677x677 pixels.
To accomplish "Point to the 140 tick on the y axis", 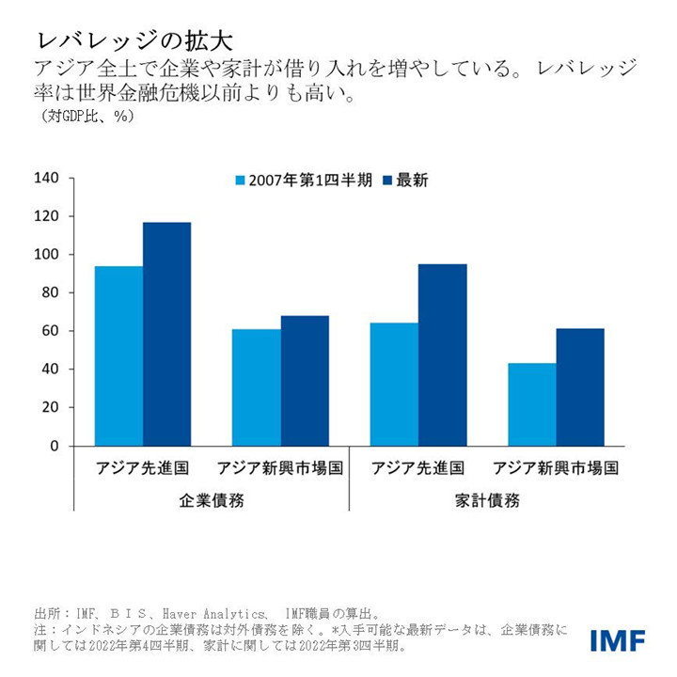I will [46, 179].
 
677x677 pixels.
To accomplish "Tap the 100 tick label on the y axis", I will [46, 255].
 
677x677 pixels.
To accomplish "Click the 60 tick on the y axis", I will [50, 331].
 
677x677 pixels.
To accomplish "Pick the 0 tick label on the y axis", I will [54, 446].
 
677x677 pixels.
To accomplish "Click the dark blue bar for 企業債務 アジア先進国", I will [166, 334].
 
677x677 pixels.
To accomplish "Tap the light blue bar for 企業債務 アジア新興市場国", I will [256, 387].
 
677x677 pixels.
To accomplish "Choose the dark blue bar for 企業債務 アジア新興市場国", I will [304, 381].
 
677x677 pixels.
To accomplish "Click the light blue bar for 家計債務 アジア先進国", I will [394, 384].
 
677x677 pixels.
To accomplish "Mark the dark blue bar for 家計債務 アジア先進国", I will [442, 354].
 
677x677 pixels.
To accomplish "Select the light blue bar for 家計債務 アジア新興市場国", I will [531, 404].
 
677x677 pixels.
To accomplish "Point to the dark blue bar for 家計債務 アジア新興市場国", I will [579, 386].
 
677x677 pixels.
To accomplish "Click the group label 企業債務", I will [212, 500].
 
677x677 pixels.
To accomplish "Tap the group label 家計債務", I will [487, 500].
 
